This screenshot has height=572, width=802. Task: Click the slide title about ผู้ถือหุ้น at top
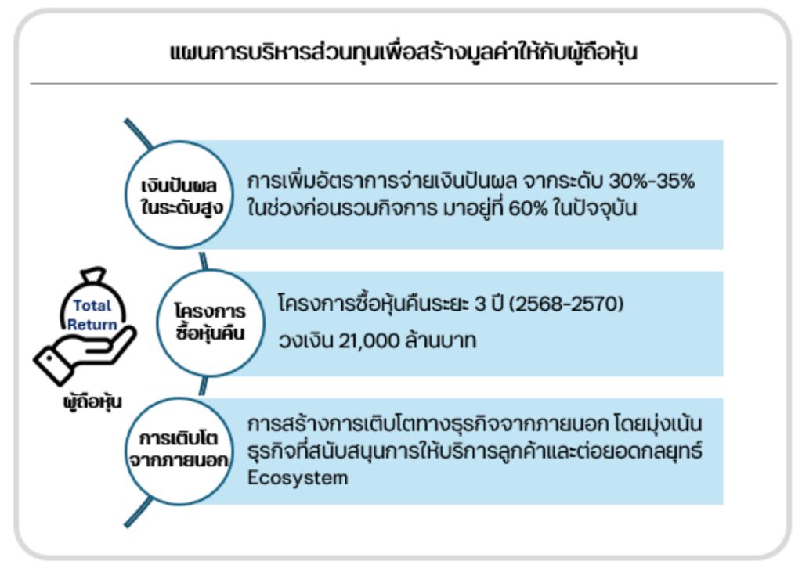point(403,52)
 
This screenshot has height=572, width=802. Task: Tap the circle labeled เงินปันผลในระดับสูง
point(179,195)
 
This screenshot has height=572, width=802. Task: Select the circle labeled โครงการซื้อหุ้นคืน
point(210,323)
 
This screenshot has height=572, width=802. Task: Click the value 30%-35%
point(652,181)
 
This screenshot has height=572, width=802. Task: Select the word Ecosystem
point(298,478)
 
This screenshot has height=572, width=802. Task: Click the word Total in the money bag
point(92,306)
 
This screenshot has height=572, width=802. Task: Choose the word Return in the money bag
point(92,325)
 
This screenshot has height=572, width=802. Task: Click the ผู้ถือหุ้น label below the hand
point(92,401)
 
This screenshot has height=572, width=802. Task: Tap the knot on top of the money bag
point(93,275)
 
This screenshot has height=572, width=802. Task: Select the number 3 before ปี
point(480,304)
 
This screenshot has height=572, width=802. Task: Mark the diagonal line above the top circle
point(138,134)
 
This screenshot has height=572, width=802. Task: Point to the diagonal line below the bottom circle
point(138,513)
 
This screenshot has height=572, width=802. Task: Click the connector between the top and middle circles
point(204,261)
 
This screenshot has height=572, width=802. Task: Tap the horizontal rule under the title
point(403,83)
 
